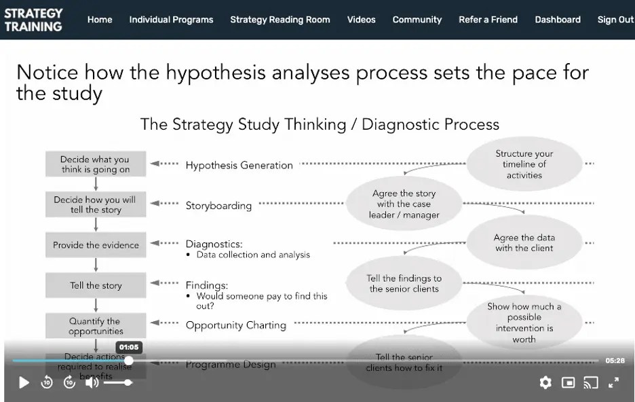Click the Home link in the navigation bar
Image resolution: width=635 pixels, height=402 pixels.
(x=100, y=20)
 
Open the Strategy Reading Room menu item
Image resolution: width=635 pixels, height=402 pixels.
(x=280, y=20)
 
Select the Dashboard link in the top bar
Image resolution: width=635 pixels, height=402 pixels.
(x=558, y=20)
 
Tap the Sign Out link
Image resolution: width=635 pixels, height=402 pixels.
(x=615, y=20)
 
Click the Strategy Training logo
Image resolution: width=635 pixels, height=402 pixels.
(x=33, y=20)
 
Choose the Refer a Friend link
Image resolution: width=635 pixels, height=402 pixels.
(x=488, y=20)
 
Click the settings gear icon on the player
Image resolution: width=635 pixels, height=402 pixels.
(x=545, y=382)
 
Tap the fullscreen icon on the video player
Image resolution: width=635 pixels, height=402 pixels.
(x=613, y=382)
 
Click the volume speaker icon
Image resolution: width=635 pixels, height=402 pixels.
(x=92, y=382)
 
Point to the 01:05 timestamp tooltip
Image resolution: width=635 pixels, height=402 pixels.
(x=128, y=347)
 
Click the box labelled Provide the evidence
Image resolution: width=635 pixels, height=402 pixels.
(x=96, y=245)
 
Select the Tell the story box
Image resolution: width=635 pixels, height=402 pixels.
(x=96, y=285)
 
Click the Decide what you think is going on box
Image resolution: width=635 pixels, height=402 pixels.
(x=96, y=164)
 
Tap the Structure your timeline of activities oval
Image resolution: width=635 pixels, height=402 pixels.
(x=524, y=164)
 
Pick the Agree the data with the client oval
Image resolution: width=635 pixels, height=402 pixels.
(x=524, y=242)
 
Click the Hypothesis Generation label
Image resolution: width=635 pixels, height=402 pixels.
(x=239, y=165)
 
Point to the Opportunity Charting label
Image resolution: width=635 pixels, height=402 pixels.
(x=236, y=325)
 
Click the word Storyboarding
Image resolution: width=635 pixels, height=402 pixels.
(x=218, y=206)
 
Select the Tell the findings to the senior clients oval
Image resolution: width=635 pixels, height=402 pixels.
(x=404, y=283)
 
